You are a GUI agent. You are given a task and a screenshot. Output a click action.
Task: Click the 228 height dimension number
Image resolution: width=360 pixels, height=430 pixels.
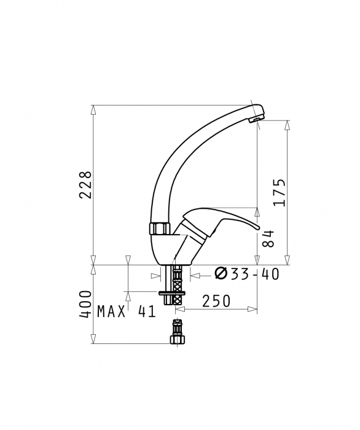[x=85, y=185]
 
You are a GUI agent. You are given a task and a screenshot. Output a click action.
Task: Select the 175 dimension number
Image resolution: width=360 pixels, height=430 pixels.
[x=279, y=192]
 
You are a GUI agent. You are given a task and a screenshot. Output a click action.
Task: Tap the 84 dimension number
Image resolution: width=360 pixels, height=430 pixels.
[x=268, y=239]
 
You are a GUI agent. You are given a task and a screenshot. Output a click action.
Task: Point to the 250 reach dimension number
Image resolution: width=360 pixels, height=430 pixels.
[x=216, y=301]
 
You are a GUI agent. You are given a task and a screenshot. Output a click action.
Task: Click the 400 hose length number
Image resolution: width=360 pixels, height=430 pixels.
[x=85, y=305]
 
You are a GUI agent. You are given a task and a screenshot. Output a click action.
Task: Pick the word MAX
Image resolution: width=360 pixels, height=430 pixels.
[x=111, y=311]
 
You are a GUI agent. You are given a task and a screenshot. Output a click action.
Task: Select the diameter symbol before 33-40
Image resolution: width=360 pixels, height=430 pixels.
[x=221, y=273]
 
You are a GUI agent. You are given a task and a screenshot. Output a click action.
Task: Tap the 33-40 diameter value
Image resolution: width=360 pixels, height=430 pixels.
[x=255, y=274]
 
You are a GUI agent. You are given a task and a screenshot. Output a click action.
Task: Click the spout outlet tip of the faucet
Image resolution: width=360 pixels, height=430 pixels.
[x=256, y=119]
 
